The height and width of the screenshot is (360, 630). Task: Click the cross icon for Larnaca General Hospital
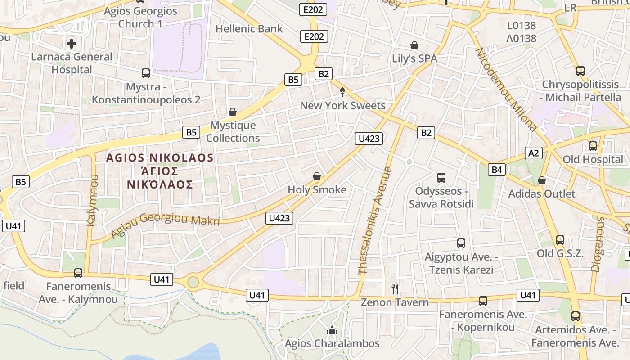click(72, 44)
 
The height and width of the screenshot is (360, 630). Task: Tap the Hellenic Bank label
click(249, 29)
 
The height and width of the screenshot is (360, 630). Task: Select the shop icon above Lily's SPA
click(414, 45)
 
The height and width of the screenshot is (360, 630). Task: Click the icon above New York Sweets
click(342, 92)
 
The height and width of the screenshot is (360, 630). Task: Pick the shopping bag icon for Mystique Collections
click(233, 112)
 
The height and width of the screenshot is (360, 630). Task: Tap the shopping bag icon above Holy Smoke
click(317, 176)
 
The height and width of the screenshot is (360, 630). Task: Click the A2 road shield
click(533, 153)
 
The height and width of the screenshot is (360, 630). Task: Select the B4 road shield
click(496, 170)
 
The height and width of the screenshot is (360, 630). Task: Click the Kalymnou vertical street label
click(92, 200)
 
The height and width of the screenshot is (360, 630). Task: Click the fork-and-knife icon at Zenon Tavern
click(395, 288)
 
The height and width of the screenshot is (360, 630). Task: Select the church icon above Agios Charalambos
click(332, 331)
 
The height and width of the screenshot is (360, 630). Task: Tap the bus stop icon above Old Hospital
click(593, 146)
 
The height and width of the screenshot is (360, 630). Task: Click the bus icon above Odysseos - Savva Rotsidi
click(441, 178)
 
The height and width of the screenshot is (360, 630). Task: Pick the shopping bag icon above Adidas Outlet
click(542, 180)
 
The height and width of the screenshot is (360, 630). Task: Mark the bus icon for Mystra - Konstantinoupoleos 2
click(145, 73)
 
